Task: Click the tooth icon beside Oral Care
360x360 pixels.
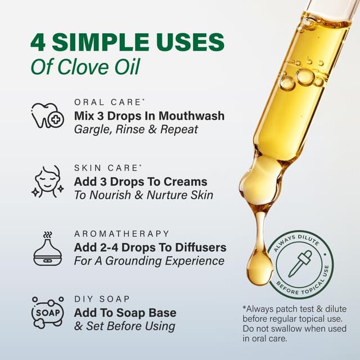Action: (x=47, y=115)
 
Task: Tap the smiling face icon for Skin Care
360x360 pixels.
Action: (x=47, y=181)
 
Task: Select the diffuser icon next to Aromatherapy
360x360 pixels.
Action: (x=47, y=248)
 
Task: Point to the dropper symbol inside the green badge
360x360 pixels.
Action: (x=300, y=263)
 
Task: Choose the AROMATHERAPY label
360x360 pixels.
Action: (x=121, y=233)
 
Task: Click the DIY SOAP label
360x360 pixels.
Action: (x=102, y=299)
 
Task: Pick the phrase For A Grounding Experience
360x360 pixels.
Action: (x=149, y=261)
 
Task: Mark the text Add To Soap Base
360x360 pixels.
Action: (x=125, y=313)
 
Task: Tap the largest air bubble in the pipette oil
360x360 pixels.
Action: (x=305, y=77)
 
